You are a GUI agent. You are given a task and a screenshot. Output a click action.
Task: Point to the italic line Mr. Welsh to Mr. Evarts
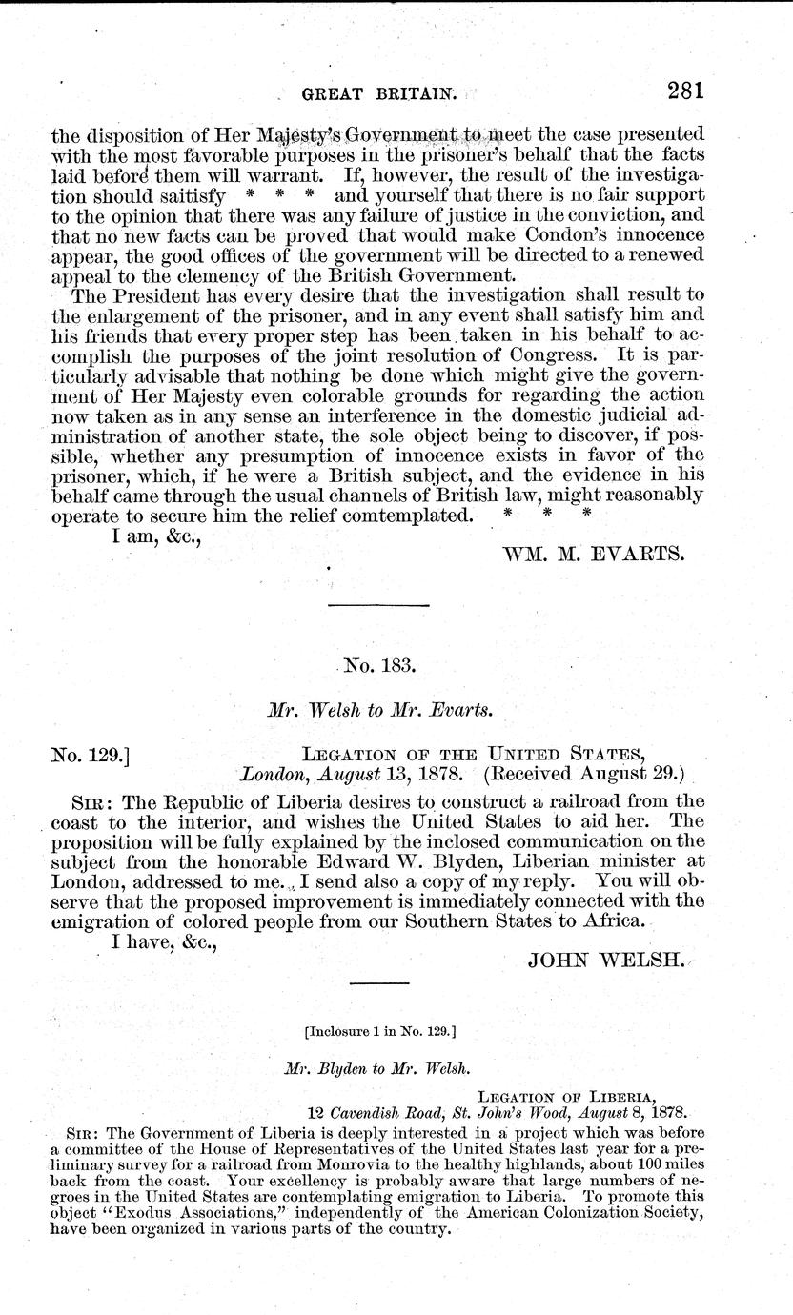tap(376, 710)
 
